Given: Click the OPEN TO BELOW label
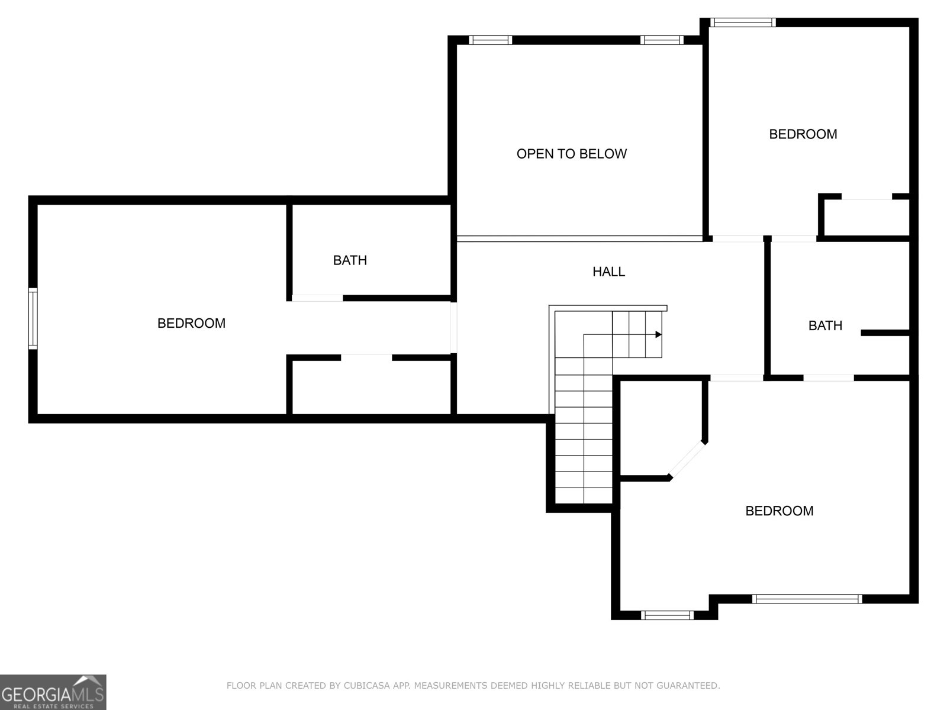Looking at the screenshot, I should tap(571, 154).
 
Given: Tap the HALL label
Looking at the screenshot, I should tap(608, 272).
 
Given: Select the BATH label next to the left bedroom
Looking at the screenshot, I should tap(350, 260).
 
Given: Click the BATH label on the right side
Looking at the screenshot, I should tap(825, 325).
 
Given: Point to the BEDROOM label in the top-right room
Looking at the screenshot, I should tap(803, 134).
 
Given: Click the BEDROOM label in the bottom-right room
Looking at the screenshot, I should tap(779, 511).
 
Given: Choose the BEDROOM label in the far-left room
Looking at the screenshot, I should tap(191, 323).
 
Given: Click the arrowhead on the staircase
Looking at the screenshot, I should tap(658, 335).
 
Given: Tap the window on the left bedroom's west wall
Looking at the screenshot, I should tap(33, 318).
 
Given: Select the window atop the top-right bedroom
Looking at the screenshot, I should tap(743, 22).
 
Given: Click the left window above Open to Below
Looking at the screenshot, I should tap(490, 40).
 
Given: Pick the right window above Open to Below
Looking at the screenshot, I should tap(661, 40).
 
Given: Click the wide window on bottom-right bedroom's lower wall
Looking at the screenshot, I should tap(807, 599).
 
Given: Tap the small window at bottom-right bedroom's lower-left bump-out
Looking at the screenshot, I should tap(667, 615).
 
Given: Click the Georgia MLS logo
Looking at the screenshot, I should tap(53, 692).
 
